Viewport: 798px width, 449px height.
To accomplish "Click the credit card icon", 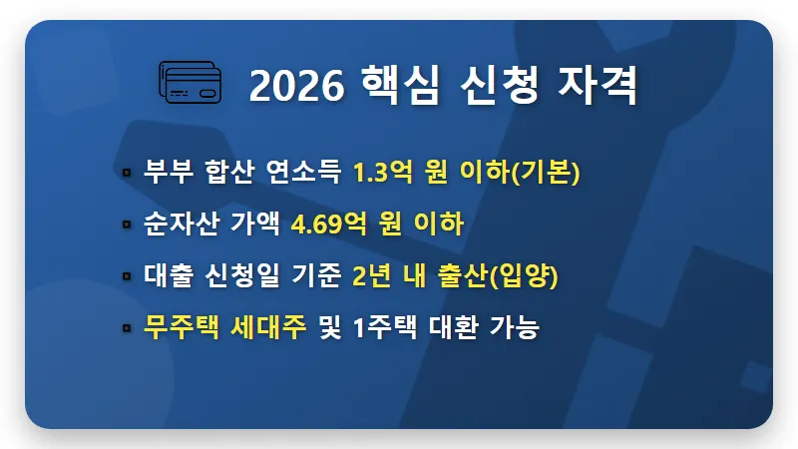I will coord(194,81).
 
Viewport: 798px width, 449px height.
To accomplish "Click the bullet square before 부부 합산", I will coord(127,173).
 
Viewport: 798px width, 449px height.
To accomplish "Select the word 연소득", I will coord(298,173).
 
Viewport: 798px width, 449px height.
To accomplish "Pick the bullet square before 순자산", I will coord(127,224).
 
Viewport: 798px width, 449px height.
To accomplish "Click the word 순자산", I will coord(177,224).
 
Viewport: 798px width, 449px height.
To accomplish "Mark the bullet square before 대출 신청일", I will coord(127,276).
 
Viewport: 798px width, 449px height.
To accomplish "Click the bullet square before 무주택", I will coord(127,328).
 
